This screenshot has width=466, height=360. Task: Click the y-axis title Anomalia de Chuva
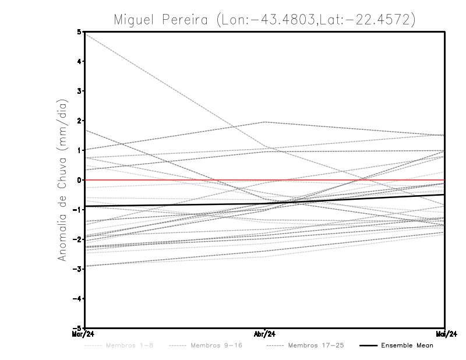[x=62, y=180]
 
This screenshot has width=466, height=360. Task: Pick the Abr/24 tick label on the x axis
[x=265, y=334]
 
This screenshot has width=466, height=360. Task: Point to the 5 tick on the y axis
[x=79, y=32]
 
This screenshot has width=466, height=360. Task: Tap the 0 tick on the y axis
[x=79, y=180]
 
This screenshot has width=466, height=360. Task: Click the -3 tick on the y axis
[x=77, y=269]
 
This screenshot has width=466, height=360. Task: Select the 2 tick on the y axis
[x=79, y=121]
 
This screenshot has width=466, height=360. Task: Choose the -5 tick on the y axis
[x=77, y=329]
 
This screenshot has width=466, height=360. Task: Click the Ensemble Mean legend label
[x=407, y=345]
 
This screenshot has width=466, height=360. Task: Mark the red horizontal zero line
[x=175, y=180]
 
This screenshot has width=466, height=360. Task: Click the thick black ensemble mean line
[x=175, y=204]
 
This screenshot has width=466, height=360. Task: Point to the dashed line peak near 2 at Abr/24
[x=265, y=122]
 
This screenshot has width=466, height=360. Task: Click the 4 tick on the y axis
[x=79, y=62]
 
